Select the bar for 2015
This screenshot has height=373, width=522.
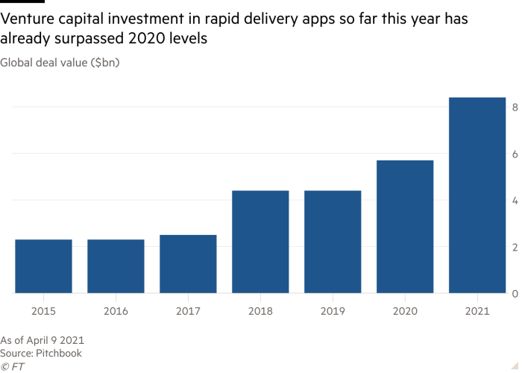coord(43,266)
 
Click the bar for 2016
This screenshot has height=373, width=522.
coord(116,266)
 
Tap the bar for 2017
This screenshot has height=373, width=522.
coord(188,264)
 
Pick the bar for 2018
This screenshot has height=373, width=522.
coord(260,242)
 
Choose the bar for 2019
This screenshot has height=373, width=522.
coord(333,242)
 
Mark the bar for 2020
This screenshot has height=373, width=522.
coord(405,227)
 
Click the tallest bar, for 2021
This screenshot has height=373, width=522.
coord(477,195)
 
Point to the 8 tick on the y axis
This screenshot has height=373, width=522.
coord(514,107)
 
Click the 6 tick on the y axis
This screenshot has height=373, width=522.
coord(514,154)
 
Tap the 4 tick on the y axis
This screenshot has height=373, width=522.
coord(514,201)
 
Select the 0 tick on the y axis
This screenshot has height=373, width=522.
coord(514,294)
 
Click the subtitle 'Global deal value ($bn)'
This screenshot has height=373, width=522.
coord(60,63)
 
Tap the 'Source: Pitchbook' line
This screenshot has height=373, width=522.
coord(42,353)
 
